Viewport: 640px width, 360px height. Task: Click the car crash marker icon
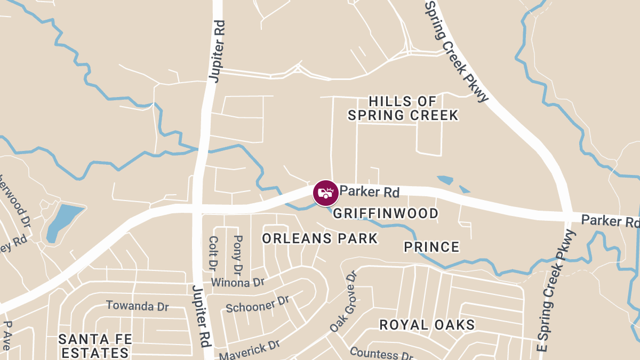pos(325,193)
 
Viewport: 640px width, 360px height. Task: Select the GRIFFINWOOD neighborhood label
pos(386,214)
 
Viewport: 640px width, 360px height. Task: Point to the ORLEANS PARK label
pos(320,238)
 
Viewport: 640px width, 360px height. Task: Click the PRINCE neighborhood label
pos(431,247)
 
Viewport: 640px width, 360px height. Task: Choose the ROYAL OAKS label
pos(427,325)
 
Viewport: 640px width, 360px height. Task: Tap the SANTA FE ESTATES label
pos(94,346)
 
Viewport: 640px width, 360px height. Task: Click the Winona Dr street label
pos(238,282)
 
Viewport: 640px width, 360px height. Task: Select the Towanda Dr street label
pos(138,306)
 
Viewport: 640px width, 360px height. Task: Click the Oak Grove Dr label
pos(342,301)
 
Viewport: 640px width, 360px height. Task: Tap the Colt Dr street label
pos(213,253)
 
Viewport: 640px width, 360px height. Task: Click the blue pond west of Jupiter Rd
pos(63,221)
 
